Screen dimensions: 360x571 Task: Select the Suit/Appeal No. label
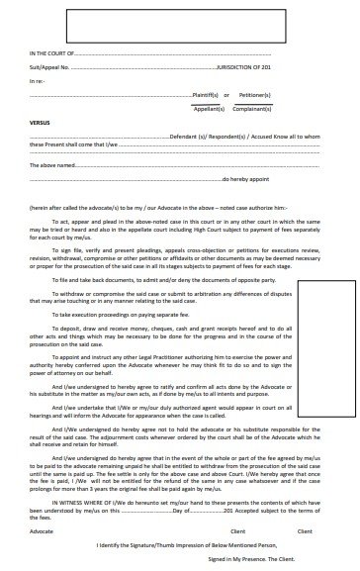pos(50,67)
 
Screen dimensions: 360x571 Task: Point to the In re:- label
pos(37,79)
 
